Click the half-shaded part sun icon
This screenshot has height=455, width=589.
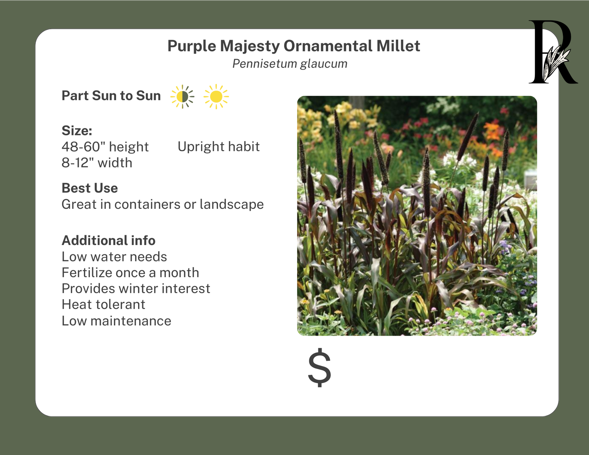coord(182,97)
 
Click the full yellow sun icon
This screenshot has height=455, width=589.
coord(216,97)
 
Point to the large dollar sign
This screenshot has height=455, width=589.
coord(320,367)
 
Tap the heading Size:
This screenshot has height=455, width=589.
coord(77,130)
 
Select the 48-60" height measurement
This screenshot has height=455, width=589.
coord(105,147)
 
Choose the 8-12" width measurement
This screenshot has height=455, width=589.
coord(97,163)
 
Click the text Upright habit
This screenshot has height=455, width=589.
coord(218,147)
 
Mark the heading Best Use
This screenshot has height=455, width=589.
coord(90,188)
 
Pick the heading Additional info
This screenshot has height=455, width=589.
coord(108,241)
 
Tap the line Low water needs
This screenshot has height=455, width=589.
coord(114,257)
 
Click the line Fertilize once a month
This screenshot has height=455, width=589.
coord(130,273)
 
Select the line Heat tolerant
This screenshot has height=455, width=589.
coord(103,305)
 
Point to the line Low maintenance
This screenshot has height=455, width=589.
coord(116,321)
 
